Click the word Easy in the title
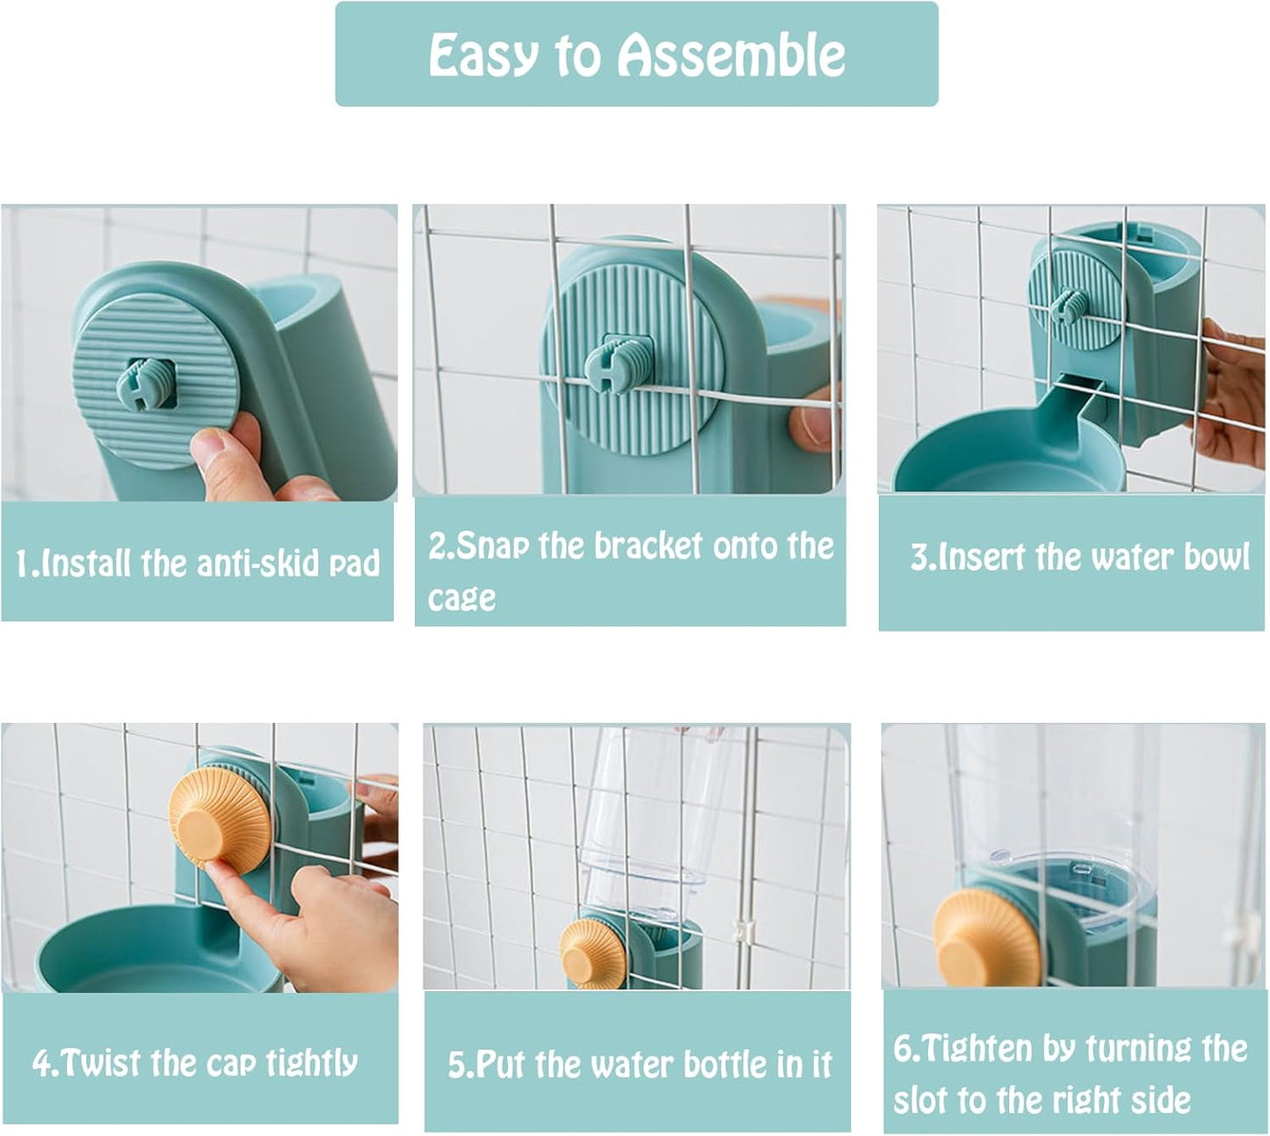[x=483, y=55]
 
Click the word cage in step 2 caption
[x=461, y=598]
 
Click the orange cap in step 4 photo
[x=219, y=817]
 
